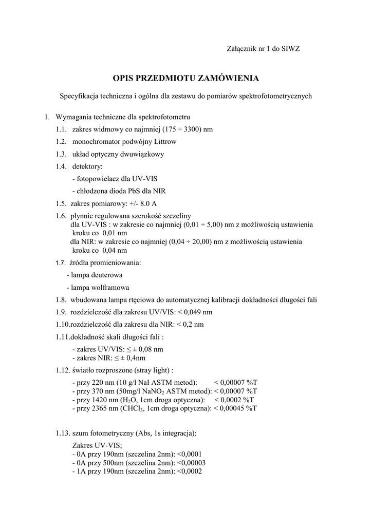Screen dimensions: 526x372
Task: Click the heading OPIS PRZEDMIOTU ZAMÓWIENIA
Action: coord(186,78)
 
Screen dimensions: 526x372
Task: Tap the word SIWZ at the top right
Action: coord(290,48)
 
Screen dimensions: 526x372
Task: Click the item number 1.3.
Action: coord(62,154)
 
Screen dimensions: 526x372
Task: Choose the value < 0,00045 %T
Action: coord(235,408)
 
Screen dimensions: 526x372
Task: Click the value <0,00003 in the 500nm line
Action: coord(191,462)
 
